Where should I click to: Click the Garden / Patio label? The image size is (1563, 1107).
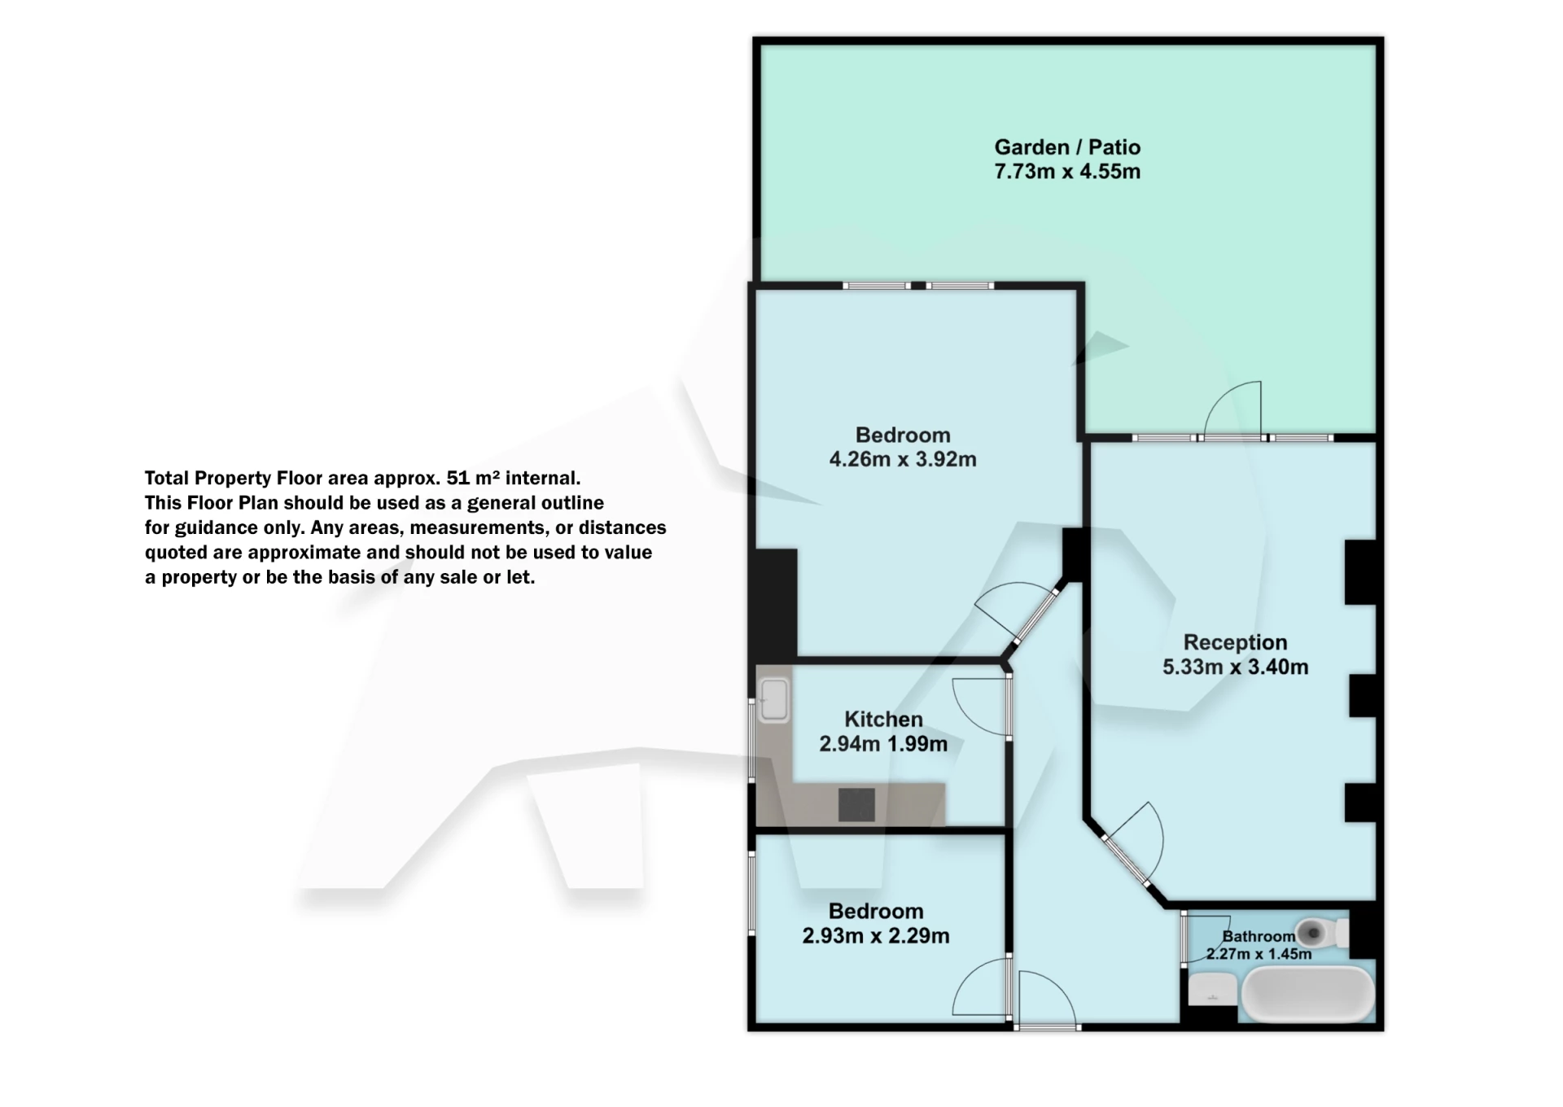1066,147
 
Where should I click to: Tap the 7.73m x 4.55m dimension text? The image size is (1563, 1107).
1066,172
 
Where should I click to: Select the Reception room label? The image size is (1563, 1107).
1235,642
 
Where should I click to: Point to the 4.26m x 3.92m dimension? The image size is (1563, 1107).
902,459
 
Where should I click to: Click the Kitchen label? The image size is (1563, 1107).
883,719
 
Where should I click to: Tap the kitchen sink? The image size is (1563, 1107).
773,700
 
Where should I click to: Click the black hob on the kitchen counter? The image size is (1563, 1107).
856,805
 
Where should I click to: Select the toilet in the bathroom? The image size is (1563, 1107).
1320,933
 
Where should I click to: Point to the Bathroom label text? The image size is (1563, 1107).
1259,936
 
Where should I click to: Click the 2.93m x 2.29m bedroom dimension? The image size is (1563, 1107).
875,936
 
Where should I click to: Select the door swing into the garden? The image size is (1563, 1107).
1233,409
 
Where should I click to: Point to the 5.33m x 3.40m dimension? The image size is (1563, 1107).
1235,667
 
